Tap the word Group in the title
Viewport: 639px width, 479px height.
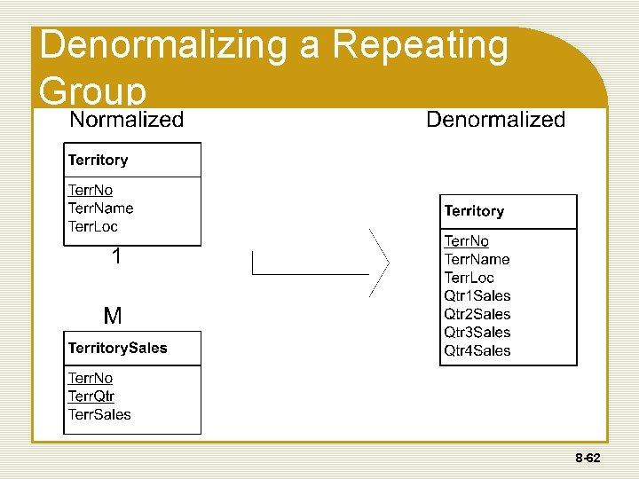92,91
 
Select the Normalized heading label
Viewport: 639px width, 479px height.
126,120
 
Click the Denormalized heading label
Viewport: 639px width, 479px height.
495,120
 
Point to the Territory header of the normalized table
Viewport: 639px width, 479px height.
98,161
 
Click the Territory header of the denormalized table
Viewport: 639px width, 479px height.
474,211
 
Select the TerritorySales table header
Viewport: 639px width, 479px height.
117,348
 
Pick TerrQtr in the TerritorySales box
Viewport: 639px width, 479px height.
91,397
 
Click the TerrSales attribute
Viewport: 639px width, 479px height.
99,414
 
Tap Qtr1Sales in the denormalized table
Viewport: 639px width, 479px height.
477,295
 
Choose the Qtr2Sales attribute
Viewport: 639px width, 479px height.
477,314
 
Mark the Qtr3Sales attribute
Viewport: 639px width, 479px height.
477,332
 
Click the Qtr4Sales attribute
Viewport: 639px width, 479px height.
477,350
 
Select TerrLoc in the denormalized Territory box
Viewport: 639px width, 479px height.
469,278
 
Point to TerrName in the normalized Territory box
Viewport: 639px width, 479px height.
100,208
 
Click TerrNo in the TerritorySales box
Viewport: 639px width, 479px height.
91,378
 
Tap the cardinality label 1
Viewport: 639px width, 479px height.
115,257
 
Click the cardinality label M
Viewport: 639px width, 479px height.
113,316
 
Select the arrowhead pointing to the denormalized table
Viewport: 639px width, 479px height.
382,263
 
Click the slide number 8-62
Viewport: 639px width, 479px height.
588,459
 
